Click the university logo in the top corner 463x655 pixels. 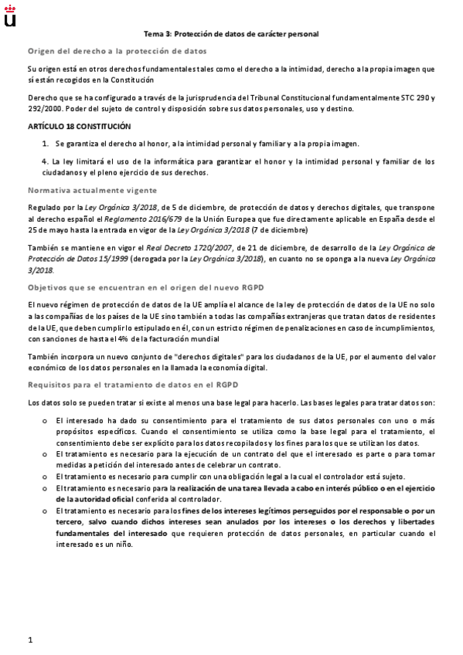point(10,15)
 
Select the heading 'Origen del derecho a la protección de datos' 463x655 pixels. point(117,51)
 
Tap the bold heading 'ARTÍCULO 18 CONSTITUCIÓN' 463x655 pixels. point(79,126)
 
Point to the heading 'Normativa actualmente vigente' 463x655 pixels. point(93,190)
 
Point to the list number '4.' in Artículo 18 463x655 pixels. point(46,161)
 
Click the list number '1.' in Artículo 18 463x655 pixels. point(46,144)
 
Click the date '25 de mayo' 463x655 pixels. point(47,229)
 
